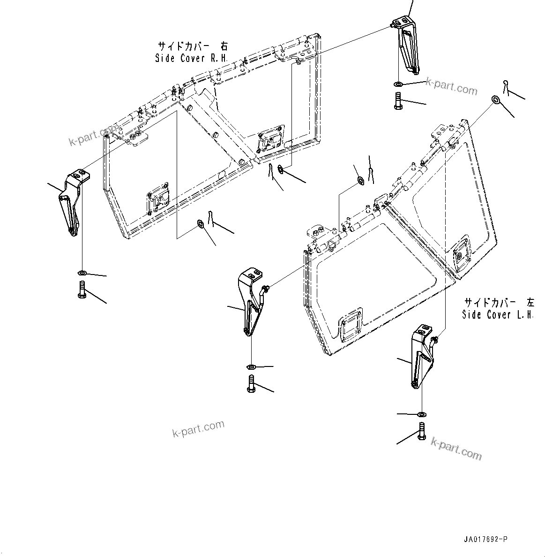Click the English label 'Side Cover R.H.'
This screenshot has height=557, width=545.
coord(191,59)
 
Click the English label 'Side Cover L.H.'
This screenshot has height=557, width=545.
coord(498,315)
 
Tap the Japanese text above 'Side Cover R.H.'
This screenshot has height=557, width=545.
coord(192,46)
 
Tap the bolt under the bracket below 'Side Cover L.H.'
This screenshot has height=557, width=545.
coord(420,430)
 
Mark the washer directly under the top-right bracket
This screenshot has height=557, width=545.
coord(397,84)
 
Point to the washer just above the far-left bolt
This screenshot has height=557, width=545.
coord(81,273)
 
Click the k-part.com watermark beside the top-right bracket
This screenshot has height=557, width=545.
coord(451,86)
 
